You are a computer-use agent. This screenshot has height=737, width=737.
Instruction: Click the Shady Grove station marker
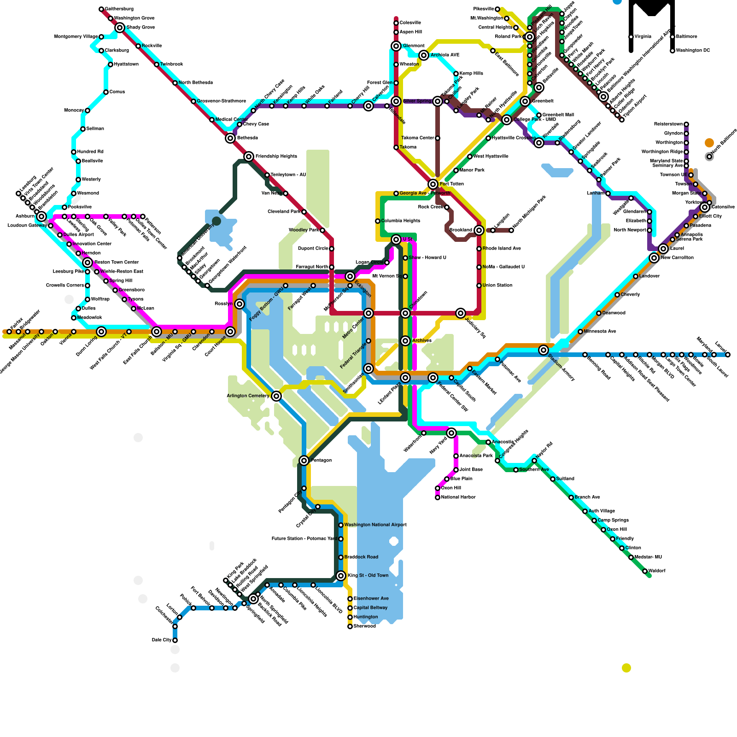tap(120, 28)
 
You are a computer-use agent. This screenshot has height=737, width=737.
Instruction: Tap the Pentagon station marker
tap(304, 461)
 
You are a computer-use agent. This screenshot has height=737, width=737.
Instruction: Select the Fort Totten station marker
tap(433, 184)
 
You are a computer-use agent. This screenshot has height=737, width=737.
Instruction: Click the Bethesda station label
tap(247, 138)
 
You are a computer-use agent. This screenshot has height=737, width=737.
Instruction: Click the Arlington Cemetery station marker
tap(276, 396)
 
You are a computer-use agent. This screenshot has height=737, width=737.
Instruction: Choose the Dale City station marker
tap(175, 640)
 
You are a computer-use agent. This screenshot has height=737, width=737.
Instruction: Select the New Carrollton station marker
tap(654, 258)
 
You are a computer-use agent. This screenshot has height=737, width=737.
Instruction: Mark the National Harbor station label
tap(458, 497)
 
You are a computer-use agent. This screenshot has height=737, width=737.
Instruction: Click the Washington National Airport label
tap(375, 525)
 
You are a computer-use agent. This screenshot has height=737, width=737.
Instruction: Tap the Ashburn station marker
tap(41, 216)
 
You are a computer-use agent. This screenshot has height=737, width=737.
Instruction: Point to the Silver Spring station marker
tap(438, 101)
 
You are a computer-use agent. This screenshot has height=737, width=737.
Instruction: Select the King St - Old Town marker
tap(341, 576)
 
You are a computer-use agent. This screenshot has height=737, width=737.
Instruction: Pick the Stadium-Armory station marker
tap(544, 350)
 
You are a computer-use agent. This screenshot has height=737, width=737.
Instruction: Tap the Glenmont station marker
tap(396, 46)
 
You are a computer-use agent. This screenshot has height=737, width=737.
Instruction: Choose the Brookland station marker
tap(479, 230)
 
